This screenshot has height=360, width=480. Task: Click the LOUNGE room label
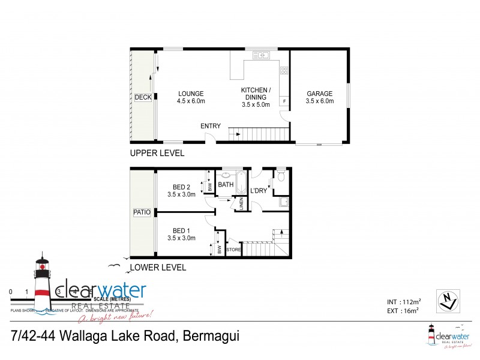click(191, 94)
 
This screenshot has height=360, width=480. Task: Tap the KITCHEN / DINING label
click(256, 91)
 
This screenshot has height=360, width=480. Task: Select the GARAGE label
click(319, 94)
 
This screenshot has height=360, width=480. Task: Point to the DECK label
click(143, 97)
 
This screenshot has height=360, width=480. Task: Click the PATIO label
click(143, 212)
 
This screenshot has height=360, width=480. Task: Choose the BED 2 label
click(182, 187)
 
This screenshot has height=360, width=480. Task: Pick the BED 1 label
click(182, 230)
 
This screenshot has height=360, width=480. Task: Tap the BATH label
click(226, 184)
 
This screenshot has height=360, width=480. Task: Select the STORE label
click(233, 249)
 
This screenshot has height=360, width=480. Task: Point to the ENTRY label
click(211, 126)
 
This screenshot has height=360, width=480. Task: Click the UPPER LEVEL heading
click(157, 154)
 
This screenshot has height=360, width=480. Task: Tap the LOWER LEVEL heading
click(158, 268)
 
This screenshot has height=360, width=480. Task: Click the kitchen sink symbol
click(262, 56)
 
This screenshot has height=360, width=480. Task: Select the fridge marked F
click(284, 101)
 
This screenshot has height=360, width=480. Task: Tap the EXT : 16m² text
click(403, 310)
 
